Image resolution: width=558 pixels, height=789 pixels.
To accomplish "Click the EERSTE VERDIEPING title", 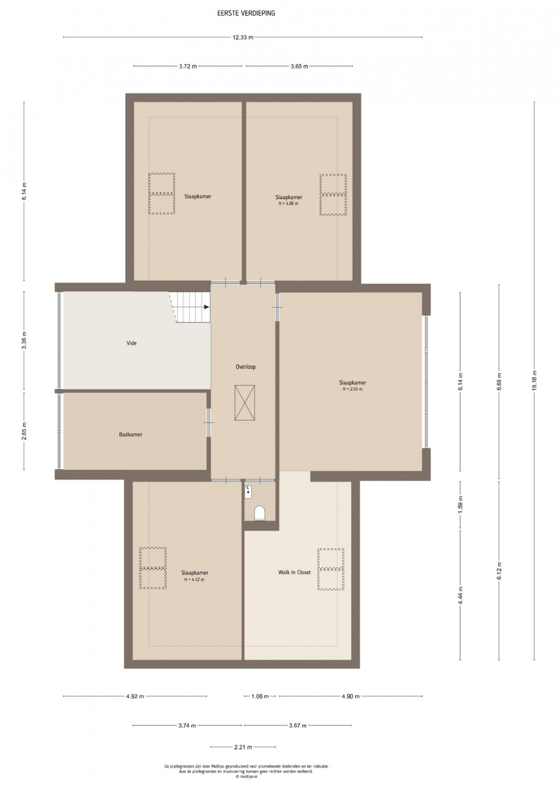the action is click(246, 13).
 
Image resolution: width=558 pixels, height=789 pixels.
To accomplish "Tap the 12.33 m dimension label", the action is click(243, 37).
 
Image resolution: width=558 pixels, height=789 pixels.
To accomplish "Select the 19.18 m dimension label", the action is click(534, 381).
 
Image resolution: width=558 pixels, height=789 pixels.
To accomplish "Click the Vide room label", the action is click(131, 343).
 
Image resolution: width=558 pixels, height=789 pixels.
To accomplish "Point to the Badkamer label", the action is click(131, 434).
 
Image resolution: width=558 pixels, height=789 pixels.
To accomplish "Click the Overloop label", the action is click(246, 367).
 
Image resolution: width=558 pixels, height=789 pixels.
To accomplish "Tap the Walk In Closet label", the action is click(295, 572).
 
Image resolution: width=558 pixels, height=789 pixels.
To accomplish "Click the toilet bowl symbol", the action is click(259, 513).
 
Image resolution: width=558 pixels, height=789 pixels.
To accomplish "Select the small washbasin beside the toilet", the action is click(248, 492).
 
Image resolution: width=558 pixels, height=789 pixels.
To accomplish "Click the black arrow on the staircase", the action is click(207, 307).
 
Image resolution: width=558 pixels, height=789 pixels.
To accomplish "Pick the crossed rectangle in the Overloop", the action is click(245, 402).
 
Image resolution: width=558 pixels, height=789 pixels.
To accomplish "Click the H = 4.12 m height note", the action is click(195, 580).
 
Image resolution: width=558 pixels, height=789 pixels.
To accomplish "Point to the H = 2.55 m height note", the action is click(352, 389).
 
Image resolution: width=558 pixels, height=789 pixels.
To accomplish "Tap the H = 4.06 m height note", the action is click(289, 203).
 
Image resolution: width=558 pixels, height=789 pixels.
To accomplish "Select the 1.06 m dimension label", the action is click(260, 696).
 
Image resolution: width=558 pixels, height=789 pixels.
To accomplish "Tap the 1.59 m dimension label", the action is click(460, 504).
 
